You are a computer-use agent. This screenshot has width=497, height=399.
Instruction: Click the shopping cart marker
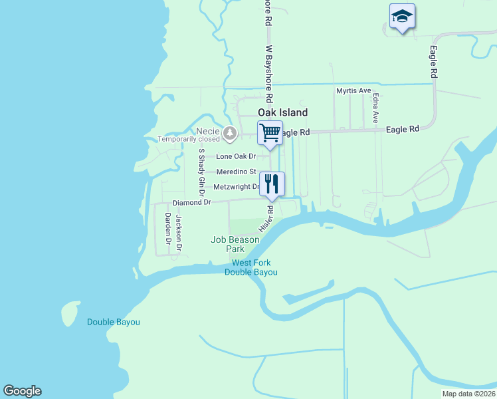[270, 133]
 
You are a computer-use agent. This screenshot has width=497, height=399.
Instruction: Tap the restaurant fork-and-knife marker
[271, 184]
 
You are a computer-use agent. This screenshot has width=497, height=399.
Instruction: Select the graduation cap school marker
[401, 17]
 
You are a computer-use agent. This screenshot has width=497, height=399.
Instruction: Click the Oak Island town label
[282, 112]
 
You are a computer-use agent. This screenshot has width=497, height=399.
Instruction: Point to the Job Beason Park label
[235, 244]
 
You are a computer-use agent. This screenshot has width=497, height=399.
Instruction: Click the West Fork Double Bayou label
[250, 267]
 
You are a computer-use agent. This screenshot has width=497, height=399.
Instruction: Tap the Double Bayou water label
[114, 323]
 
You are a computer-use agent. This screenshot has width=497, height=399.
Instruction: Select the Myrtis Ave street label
[353, 91]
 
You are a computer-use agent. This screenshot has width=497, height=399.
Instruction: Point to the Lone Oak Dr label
[236, 156]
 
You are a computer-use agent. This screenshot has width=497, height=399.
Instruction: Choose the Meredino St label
[236, 172]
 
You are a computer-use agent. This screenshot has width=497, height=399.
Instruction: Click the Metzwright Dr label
[236, 187]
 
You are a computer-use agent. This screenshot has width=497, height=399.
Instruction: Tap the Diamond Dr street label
[191, 202]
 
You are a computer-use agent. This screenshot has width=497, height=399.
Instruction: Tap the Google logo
[22, 391]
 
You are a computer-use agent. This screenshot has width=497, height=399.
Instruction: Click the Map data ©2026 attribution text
[468, 394]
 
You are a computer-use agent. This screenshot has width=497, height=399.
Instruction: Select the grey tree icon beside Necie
[230, 134]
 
